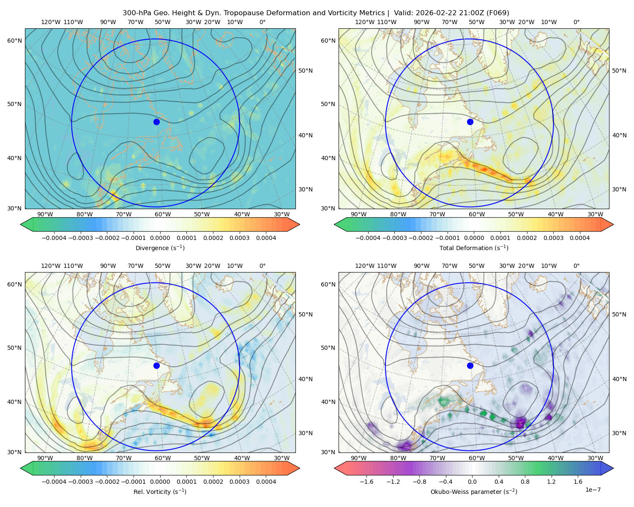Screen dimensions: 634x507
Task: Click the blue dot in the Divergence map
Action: [156, 122]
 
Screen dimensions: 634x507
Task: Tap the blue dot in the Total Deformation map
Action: [470, 122]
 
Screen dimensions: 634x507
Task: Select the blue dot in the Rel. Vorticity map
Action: [156, 365]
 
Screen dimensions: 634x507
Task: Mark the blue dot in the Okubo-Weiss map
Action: [470, 365]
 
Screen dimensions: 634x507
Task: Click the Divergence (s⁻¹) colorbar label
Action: [160, 248]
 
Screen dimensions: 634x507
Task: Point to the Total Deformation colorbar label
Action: [474, 248]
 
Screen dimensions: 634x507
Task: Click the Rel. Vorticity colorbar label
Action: [160, 491]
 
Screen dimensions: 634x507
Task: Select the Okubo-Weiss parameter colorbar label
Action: [474, 491]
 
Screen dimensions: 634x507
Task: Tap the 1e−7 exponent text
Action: [593, 490]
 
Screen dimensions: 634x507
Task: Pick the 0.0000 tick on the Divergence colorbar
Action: [160, 238]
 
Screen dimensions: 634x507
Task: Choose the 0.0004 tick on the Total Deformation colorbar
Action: [579, 238]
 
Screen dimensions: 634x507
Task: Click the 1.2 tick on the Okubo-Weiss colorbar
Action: [551, 482]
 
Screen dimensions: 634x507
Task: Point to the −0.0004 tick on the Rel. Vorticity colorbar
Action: [54, 482]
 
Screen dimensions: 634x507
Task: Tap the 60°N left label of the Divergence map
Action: [14, 41]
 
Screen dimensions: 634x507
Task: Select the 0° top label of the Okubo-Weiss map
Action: [576, 266]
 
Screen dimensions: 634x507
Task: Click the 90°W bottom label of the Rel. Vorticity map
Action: [45, 458]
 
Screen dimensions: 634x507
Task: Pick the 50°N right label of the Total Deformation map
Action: [619, 71]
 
